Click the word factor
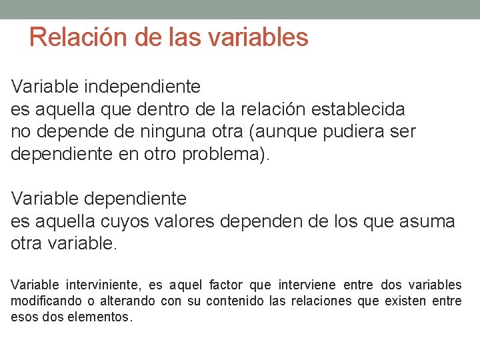click(x=225, y=285)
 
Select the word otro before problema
click(x=159, y=155)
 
